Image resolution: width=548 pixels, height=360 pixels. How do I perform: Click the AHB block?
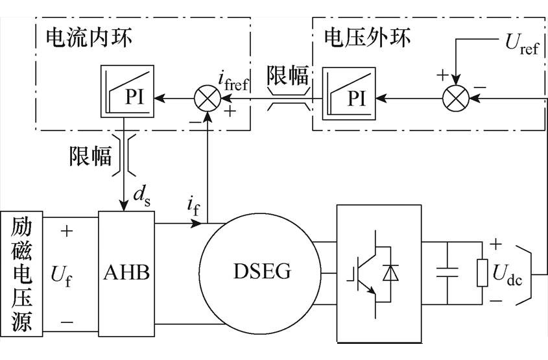(x=126, y=274)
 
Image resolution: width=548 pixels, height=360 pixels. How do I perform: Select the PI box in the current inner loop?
(x=127, y=91)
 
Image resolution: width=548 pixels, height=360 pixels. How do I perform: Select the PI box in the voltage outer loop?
(x=349, y=93)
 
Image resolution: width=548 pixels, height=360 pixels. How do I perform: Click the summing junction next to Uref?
(x=456, y=99)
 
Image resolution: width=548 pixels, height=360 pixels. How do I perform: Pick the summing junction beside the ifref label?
(x=208, y=99)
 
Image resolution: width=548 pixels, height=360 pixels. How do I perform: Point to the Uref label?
(x=522, y=45)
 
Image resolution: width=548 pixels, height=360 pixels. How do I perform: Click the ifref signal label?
(x=233, y=81)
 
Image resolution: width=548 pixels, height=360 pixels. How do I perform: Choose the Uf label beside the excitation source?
(x=62, y=276)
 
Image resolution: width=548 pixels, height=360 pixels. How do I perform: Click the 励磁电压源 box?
(x=21, y=274)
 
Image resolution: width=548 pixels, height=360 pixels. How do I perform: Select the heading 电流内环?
(x=89, y=38)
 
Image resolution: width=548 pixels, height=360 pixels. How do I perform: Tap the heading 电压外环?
(x=367, y=38)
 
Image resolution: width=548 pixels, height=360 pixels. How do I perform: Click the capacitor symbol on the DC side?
(x=447, y=272)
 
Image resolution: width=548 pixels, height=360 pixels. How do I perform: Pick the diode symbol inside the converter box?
(x=390, y=272)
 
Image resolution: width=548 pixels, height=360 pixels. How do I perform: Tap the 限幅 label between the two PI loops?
(x=287, y=75)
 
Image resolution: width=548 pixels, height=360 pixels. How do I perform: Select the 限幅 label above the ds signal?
(x=90, y=156)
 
